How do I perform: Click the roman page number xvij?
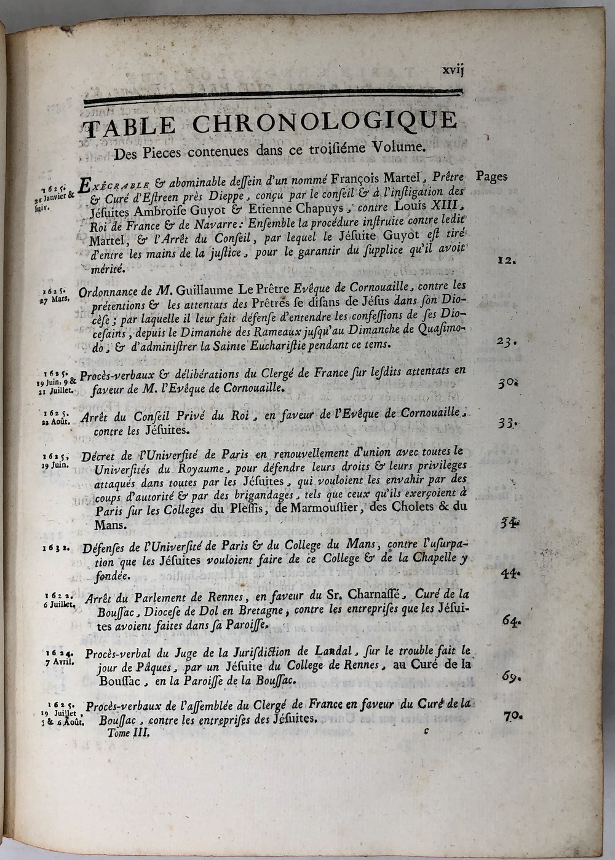click(x=453, y=70)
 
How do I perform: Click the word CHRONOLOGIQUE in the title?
click(x=324, y=122)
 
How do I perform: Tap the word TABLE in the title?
click(x=130, y=126)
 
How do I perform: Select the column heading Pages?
click(x=491, y=176)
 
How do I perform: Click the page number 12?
click(x=506, y=259)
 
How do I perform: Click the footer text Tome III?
click(x=128, y=732)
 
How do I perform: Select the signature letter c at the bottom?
click(x=426, y=731)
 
